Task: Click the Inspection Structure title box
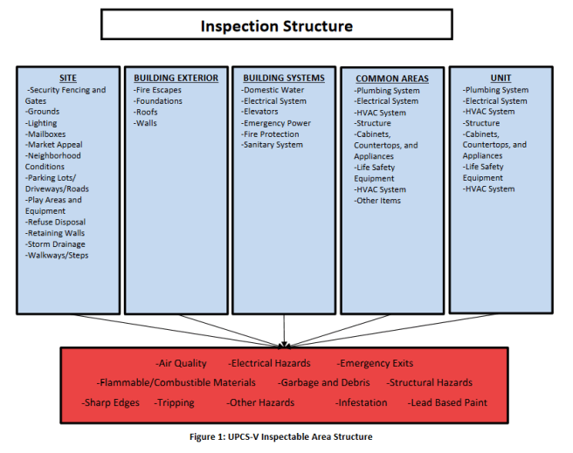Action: point(277,25)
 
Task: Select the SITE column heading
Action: point(67,78)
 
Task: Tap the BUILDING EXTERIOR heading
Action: point(176,78)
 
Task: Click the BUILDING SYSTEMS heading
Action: point(284,78)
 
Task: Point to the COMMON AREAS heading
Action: point(392,79)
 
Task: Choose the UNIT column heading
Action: point(501,78)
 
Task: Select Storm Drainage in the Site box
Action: point(59,244)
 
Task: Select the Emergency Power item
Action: point(277,123)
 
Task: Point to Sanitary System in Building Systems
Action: point(273,145)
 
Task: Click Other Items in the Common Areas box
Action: point(380,201)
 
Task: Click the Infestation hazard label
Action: point(362,402)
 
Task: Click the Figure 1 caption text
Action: point(285,436)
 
